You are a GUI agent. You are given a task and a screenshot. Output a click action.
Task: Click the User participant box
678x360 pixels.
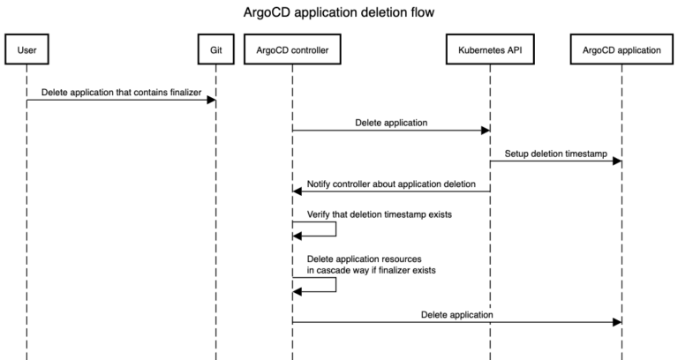pyautogui.click(x=26, y=50)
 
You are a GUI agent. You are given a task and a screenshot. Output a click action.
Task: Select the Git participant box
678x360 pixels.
pyautogui.click(x=215, y=50)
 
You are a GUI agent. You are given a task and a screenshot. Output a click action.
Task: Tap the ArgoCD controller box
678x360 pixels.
pyautogui.click(x=292, y=50)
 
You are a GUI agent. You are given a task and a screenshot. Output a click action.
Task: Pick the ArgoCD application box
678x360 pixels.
pyautogui.click(x=621, y=50)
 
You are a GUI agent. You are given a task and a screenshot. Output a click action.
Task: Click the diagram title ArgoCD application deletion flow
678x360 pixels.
pyautogui.click(x=339, y=13)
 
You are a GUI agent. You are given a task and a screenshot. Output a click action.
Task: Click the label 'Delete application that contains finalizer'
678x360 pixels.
pyautogui.click(x=121, y=92)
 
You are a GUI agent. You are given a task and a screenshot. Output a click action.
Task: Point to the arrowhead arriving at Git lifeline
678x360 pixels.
pyautogui.click(x=211, y=101)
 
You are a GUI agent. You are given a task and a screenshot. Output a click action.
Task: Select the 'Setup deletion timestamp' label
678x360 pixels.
pyautogui.click(x=555, y=153)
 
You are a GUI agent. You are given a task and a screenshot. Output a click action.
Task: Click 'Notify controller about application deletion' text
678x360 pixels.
pyautogui.click(x=392, y=184)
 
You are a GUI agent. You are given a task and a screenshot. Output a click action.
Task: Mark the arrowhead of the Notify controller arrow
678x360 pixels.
pyautogui.click(x=298, y=191)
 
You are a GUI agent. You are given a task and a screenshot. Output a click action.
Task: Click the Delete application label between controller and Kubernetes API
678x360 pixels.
pyautogui.click(x=391, y=123)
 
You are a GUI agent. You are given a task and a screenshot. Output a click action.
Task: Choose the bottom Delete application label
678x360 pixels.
pyautogui.click(x=456, y=314)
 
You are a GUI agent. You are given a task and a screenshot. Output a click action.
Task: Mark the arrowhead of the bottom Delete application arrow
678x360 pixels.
pyautogui.click(x=617, y=322)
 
